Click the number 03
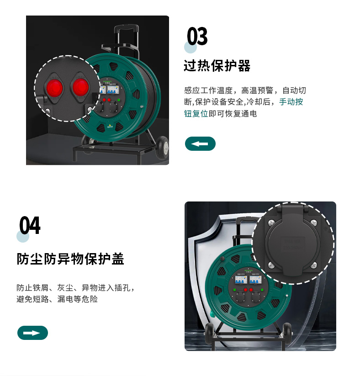point(197,36)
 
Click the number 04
point(30,225)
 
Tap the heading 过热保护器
point(217,66)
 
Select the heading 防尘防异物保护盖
point(70,259)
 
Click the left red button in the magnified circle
point(55,88)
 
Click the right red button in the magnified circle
point(80,87)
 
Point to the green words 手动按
point(291,102)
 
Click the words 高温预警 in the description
point(257,90)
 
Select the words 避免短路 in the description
point(32,299)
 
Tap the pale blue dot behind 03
point(191,47)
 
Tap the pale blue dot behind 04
point(23,236)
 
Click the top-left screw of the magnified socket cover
point(271,222)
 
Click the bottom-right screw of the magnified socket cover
point(314,265)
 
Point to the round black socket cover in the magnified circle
point(293,244)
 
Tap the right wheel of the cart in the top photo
point(162,147)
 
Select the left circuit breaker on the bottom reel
point(241,279)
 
